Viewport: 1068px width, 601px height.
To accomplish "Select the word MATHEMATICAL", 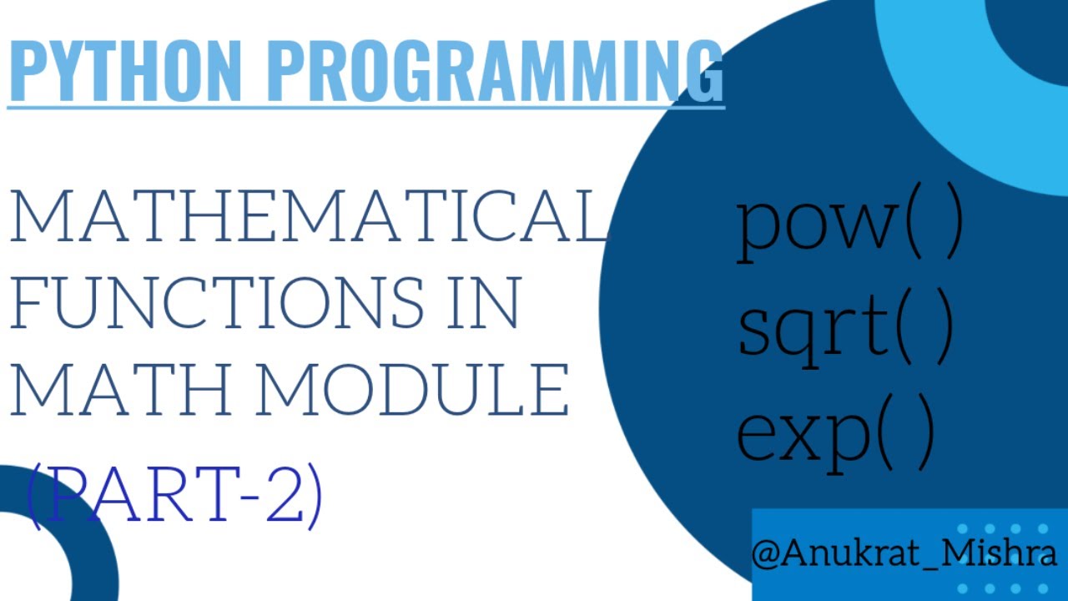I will pos(309,217).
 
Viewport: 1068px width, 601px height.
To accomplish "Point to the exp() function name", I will pos(834,434).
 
